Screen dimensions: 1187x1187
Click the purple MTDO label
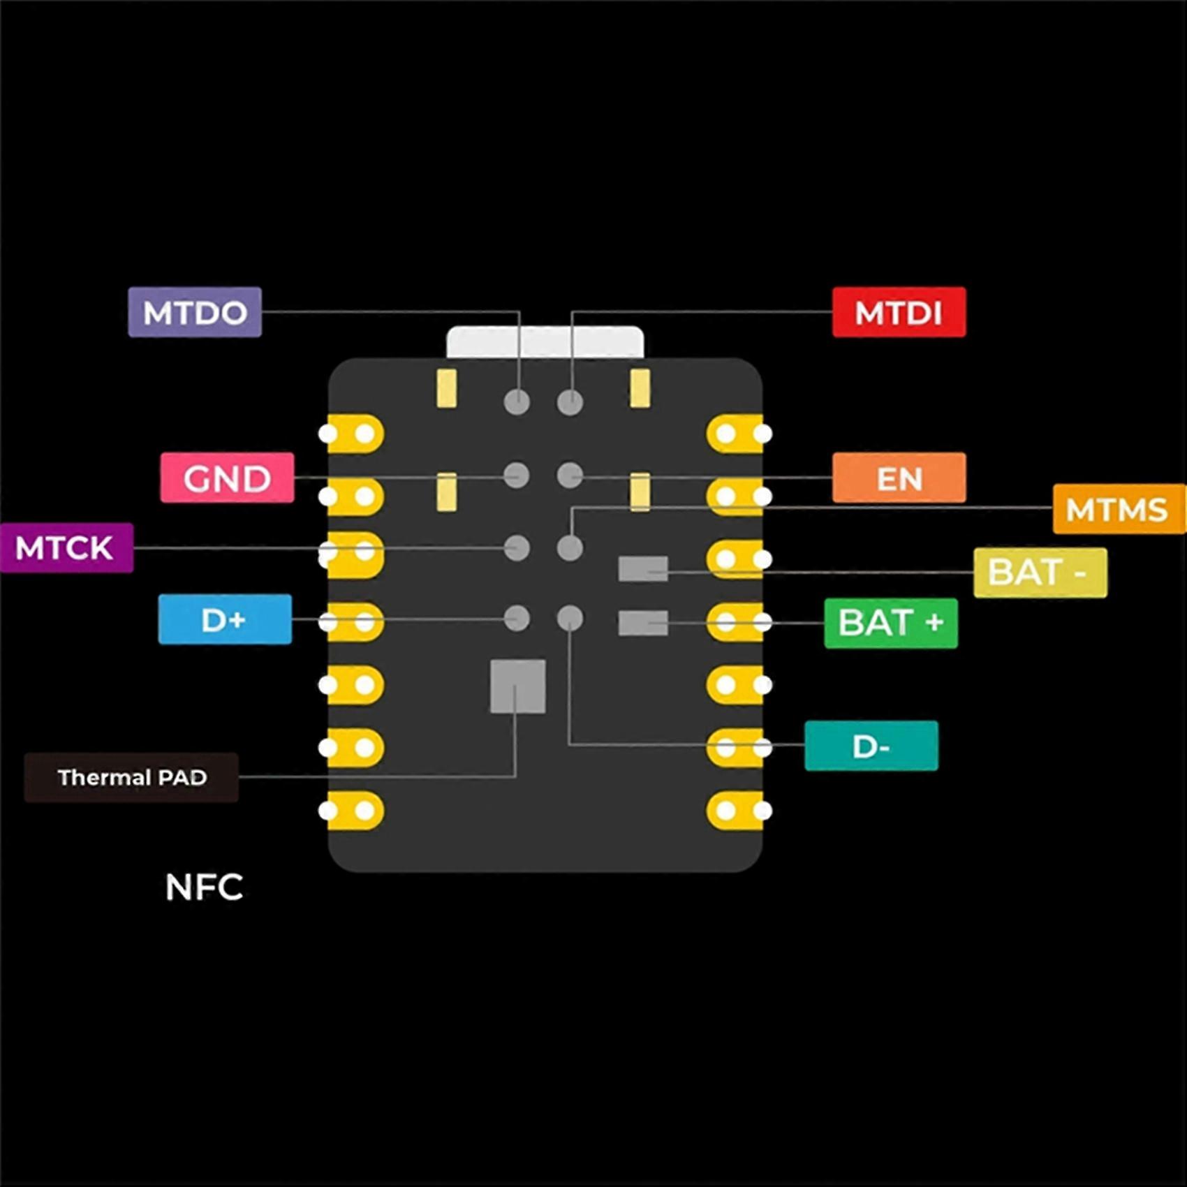click(195, 312)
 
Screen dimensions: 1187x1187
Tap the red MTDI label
click(899, 312)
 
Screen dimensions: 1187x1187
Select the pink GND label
click(227, 478)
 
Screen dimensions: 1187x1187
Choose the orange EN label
click(899, 478)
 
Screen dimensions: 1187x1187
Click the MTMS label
click(1118, 509)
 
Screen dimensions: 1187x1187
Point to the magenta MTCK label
click(66, 547)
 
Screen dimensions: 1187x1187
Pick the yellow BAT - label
click(1040, 573)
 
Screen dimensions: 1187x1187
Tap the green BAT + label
click(890, 623)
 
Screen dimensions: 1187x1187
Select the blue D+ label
click(225, 619)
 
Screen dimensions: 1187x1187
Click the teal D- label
click(871, 746)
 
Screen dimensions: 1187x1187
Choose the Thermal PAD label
click(131, 777)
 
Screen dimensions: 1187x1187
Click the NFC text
click(204, 887)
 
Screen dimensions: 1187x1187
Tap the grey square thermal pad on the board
click(517, 686)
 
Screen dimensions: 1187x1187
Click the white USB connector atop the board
click(545, 342)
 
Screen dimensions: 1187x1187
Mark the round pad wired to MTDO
click(517, 401)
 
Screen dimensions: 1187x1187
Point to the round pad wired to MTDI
click(570, 401)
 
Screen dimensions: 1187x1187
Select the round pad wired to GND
click(517, 475)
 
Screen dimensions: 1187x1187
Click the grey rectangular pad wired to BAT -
click(642, 569)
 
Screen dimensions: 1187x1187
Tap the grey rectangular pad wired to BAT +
click(642, 623)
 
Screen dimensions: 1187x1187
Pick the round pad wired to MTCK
click(517, 548)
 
